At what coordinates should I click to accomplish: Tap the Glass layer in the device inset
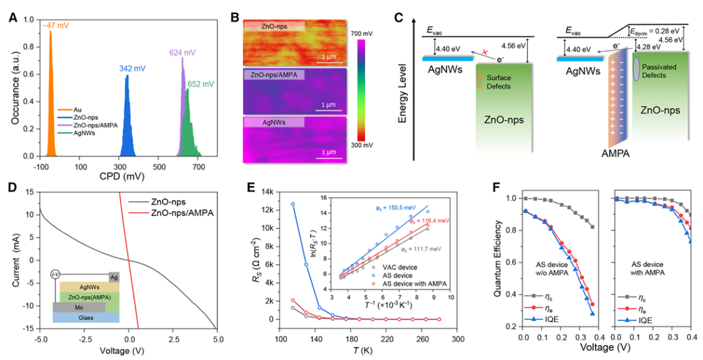point(85,318)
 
